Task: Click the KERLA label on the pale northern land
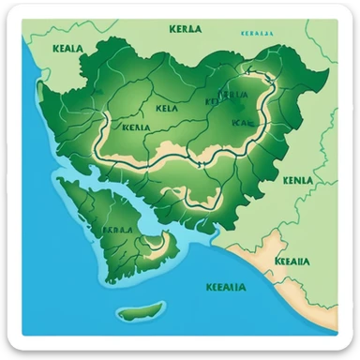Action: pyautogui.click(x=187, y=30)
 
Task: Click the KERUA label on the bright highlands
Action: pyautogui.click(x=232, y=95)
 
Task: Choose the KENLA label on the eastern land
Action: pyautogui.click(x=297, y=179)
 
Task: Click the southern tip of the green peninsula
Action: pyautogui.click(x=110, y=278)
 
